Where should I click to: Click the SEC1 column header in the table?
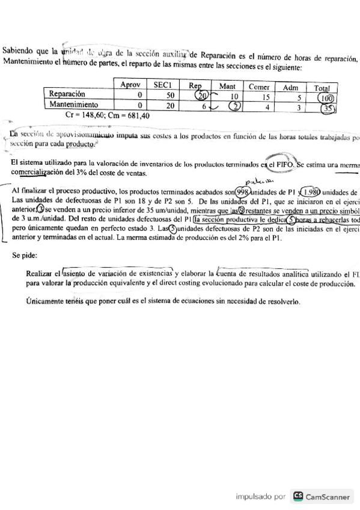click(163, 86)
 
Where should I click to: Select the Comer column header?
click(259, 87)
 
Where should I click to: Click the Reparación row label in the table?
click(67, 94)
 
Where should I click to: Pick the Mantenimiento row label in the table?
click(74, 104)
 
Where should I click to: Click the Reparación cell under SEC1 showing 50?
click(170, 95)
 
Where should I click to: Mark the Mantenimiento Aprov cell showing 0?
click(139, 104)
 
